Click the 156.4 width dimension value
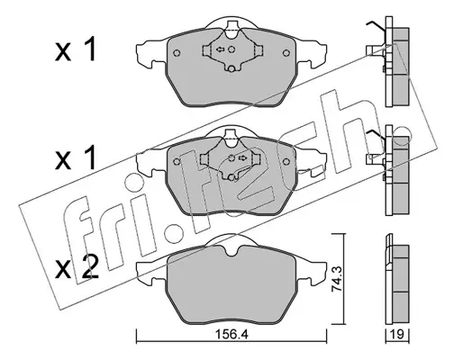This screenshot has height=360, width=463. [x=231, y=334]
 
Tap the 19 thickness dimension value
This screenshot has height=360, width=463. [x=397, y=334]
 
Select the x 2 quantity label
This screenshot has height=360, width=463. [x=77, y=268]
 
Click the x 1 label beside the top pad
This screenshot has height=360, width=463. [x=76, y=49]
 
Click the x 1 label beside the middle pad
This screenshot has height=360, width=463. [x=76, y=157]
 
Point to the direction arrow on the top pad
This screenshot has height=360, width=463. [x=221, y=49]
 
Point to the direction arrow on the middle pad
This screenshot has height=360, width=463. [x=242, y=157]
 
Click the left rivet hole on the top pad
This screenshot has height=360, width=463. [x=177, y=53]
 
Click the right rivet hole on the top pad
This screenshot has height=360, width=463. [x=286, y=53]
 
